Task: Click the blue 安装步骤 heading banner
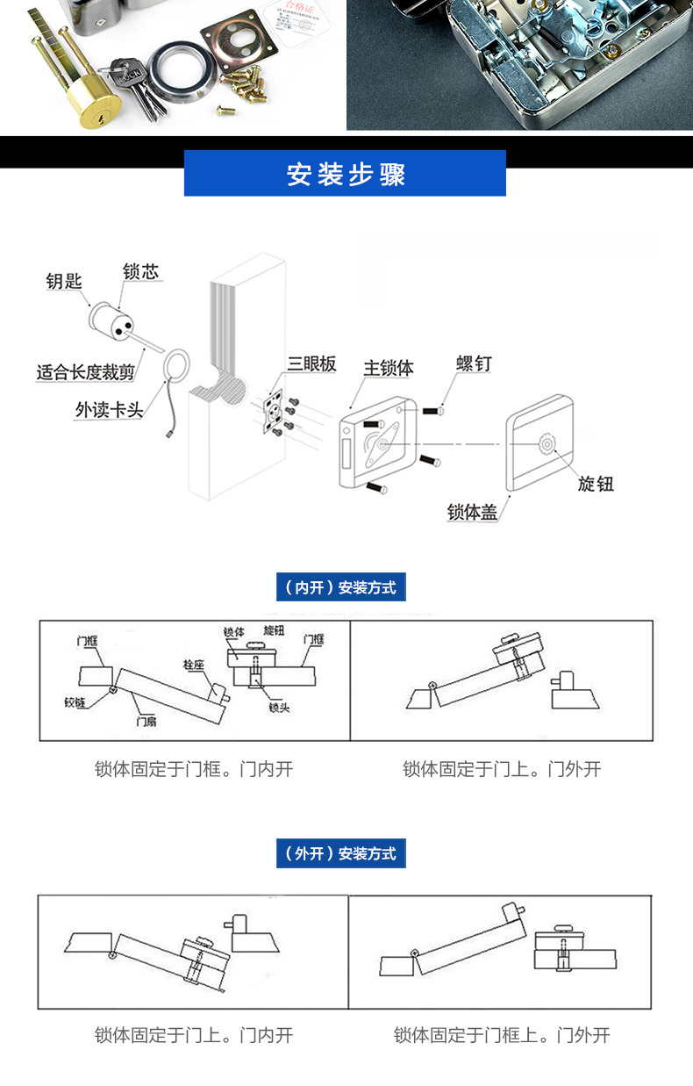[x=345, y=173]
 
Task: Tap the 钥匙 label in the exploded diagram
[x=64, y=281]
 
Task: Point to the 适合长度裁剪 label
[x=85, y=372]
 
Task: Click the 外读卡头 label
[x=109, y=410]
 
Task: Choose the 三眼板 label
[x=311, y=364]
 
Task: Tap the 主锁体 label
[x=388, y=367]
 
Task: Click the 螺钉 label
[x=474, y=363]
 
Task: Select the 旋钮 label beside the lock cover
[x=596, y=483]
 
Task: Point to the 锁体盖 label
[x=472, y=512]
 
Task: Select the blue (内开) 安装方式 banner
[x=341, y=587]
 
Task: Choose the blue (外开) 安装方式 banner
[x=341, y=853]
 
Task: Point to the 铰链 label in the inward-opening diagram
[x=76, y=702]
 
